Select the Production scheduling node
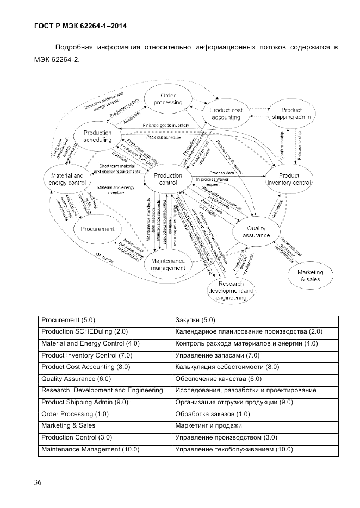click(x=98, y=136)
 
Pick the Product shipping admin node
click(x=291, y=114)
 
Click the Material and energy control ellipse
click(x=67, y=179)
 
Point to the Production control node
click(x=168, y=179)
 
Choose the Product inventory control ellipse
click(x=289, y=179)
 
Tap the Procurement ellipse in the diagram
click(x=97, y=229)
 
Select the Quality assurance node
click(x=256, y=232)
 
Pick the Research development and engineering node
click(x=231, y=291)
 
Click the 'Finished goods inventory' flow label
click(x=166, y=126)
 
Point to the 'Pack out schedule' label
click(x=164, y=137)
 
